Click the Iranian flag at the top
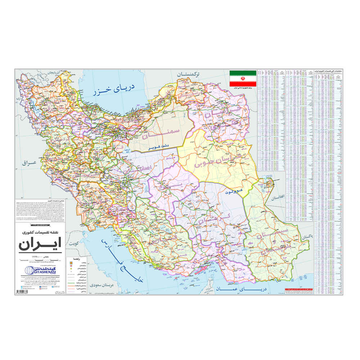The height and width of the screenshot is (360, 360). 243,78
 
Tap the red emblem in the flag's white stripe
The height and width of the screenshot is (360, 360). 243,78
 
